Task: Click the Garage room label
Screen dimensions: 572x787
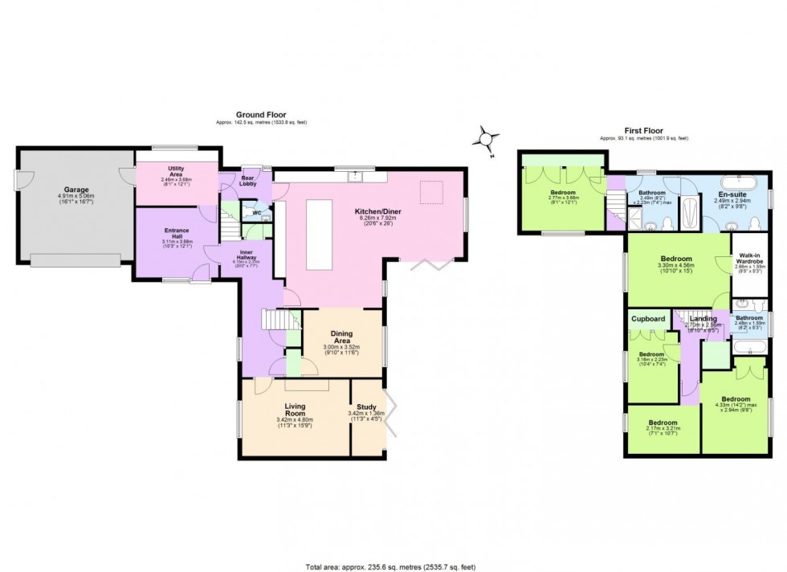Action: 76,189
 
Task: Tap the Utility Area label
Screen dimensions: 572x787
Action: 176,168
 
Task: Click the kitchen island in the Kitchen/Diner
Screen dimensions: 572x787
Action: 319,235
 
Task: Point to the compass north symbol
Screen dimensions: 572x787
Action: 486,139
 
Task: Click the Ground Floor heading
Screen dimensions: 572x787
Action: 260,115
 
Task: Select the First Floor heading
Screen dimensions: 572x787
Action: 643,130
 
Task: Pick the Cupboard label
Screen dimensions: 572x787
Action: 648,319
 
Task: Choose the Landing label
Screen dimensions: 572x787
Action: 703,319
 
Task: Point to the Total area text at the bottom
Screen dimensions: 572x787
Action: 393,566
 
